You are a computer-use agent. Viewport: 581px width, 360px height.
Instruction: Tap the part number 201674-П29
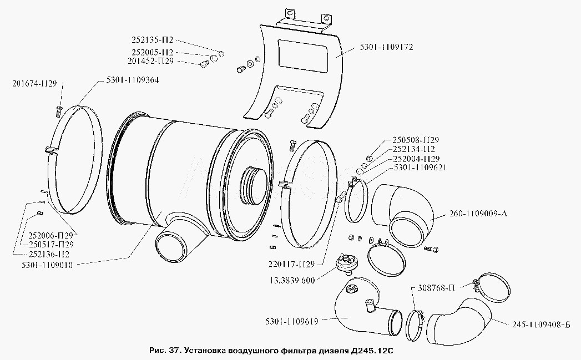coord(34,84)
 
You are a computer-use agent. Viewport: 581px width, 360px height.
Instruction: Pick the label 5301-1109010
coord(47,266)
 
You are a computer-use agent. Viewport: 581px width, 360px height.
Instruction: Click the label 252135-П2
coord(153,40)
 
